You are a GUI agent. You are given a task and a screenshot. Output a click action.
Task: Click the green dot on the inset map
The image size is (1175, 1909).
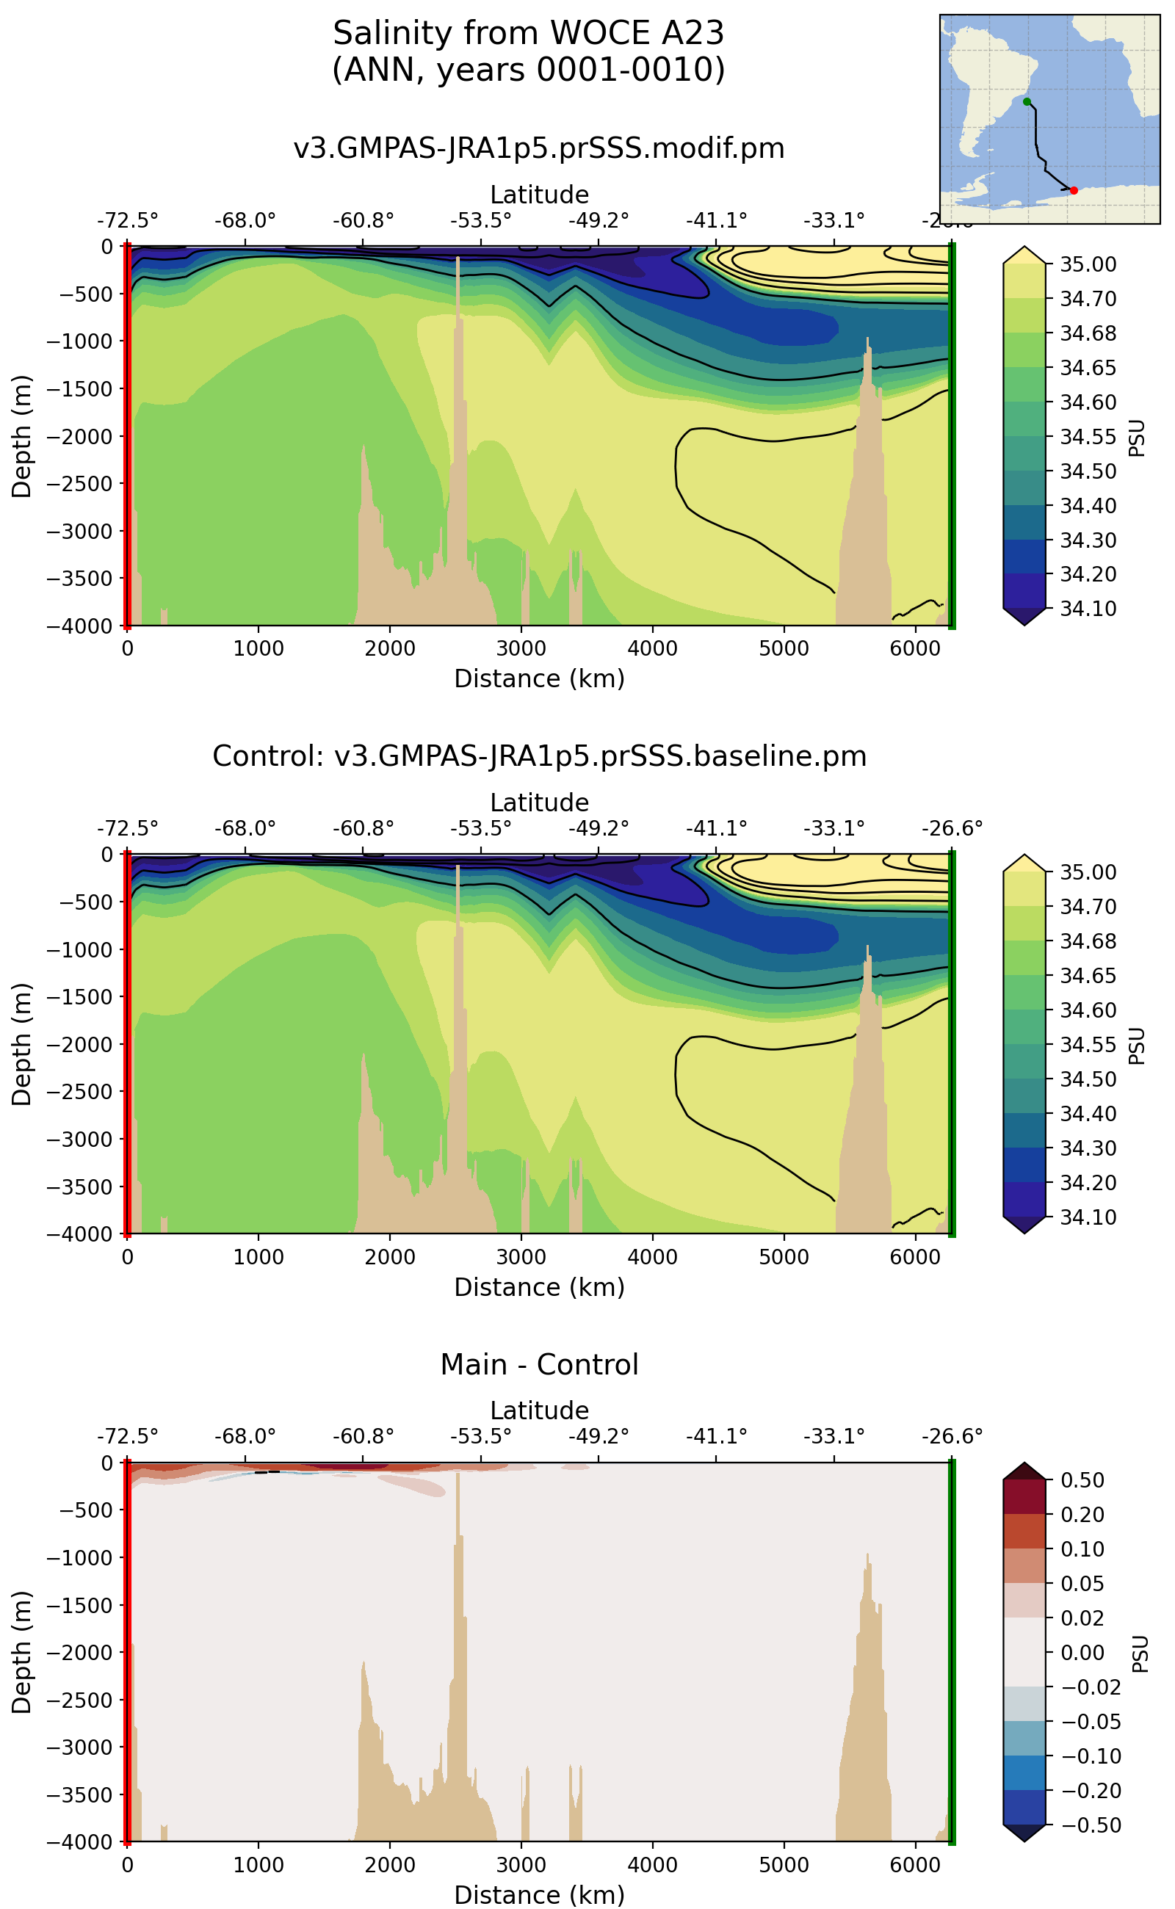(1027, 102)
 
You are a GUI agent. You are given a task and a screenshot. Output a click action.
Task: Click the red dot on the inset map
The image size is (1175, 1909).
(1074, 190)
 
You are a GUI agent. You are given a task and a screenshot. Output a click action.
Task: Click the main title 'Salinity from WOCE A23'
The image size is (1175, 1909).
(529, 34)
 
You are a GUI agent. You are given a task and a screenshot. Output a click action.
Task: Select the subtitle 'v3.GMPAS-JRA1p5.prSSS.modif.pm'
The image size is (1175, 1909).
(538, 148)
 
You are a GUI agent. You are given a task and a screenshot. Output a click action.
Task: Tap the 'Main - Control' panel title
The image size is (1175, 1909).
(538, 1364)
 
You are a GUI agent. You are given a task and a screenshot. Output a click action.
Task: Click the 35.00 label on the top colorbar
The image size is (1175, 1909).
(1088, 265)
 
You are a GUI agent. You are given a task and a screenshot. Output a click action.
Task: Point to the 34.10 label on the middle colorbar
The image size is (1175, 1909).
(1088, 1217)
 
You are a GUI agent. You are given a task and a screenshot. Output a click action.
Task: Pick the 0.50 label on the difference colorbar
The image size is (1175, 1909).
(1082, 1480)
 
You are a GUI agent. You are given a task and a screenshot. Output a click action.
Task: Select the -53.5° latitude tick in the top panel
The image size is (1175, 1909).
(480, 221)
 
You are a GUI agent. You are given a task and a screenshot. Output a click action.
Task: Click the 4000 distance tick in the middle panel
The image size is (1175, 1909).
(652, 1256)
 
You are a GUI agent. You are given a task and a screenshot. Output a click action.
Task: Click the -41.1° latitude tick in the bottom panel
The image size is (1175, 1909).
(716, 1437)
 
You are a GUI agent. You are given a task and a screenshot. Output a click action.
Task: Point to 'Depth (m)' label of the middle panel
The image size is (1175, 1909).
(22, 1043)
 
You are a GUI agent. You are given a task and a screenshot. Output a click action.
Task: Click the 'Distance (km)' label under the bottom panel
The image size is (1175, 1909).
(538, 1895)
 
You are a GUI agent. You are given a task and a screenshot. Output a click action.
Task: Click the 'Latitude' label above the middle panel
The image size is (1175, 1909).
(538, 803)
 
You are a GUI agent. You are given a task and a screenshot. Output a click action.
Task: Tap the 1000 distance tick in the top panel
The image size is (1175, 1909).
(258, 648)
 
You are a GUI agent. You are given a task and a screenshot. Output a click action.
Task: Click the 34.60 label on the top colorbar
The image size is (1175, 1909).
(1088, 402)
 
